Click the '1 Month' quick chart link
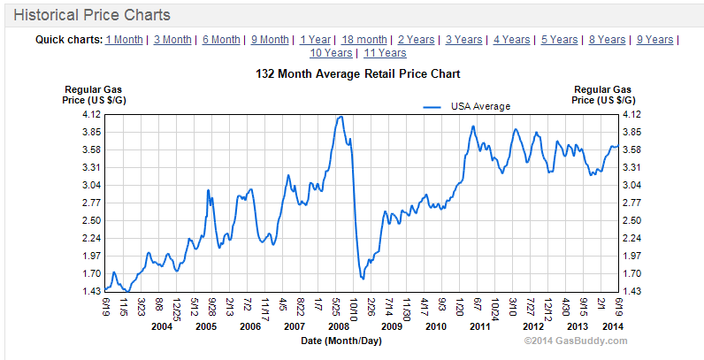(124, 40)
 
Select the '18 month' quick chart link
(364, 40)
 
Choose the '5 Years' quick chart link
(559, 40)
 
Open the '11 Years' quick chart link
(385, 53)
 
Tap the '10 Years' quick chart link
(330, 53)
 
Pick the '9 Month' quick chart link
(270, 40)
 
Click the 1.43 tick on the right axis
(631, 291)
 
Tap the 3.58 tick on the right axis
(631, 149)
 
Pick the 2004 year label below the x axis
(160, 326)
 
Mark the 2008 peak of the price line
(341, 117)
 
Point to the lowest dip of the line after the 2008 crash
(363, 279)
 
